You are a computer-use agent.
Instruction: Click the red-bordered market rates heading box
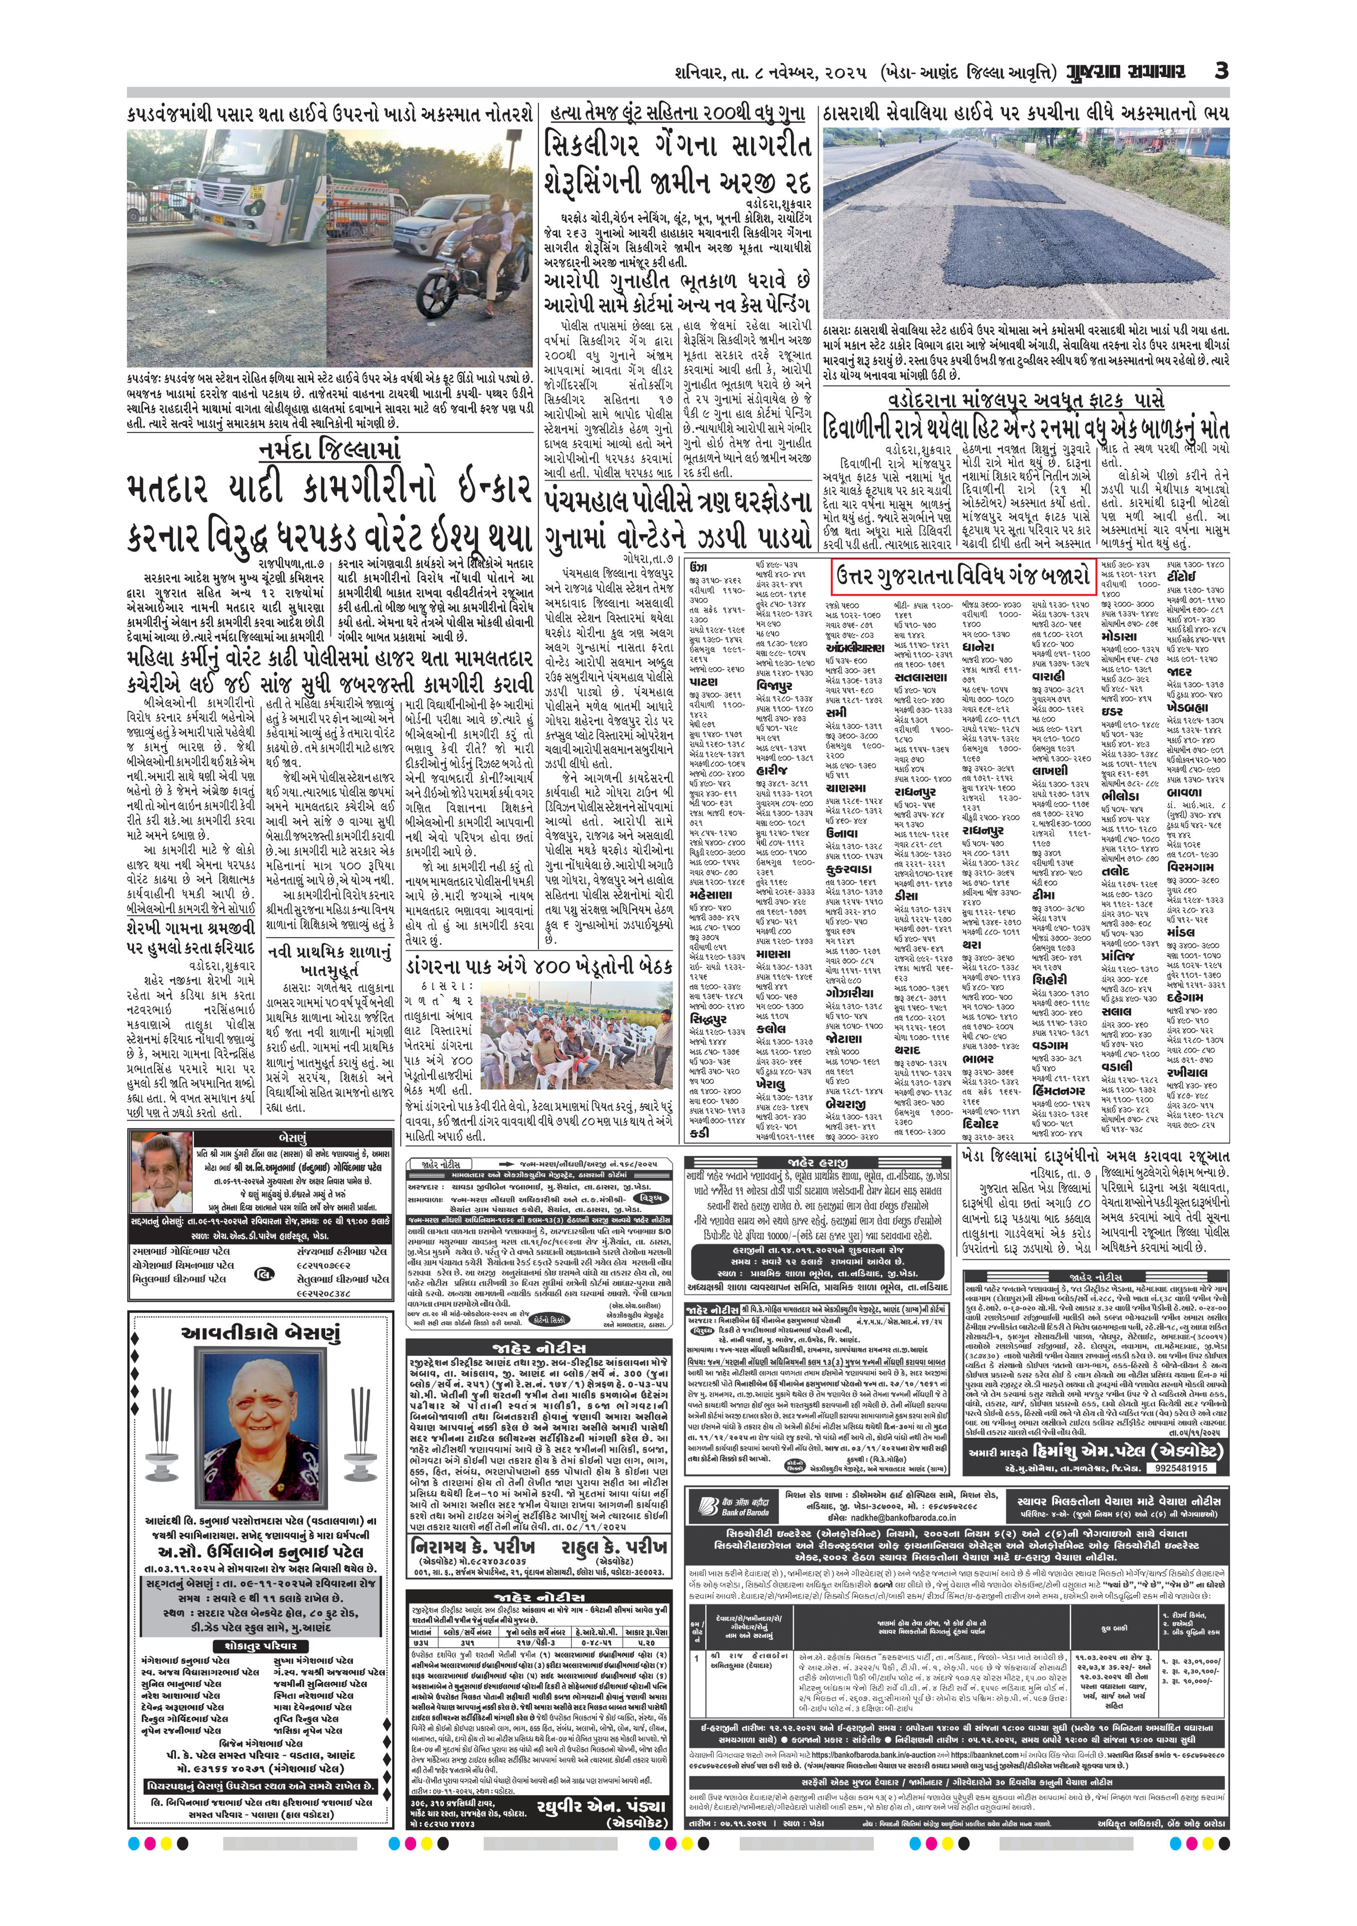[963, 576]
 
